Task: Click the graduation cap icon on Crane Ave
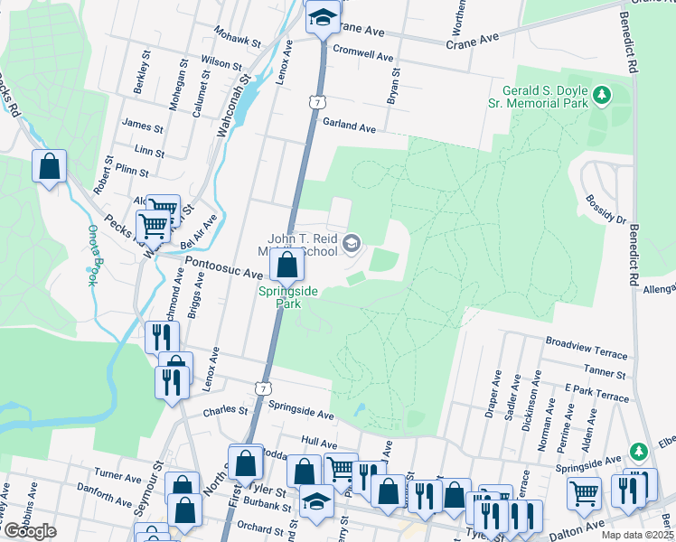pos(321,17)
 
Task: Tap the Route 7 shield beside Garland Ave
pos(315,101)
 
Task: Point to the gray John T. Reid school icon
pos(351,242)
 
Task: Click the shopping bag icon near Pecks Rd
pos(49,166)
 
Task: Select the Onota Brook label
pos(90,255)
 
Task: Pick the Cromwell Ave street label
pos(364,54)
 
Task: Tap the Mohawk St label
pos(237,36)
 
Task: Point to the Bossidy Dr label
pos(606,209)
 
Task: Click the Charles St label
pos(225,409)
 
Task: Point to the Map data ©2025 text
pos(637,535)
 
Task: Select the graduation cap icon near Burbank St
pos(317,499)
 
